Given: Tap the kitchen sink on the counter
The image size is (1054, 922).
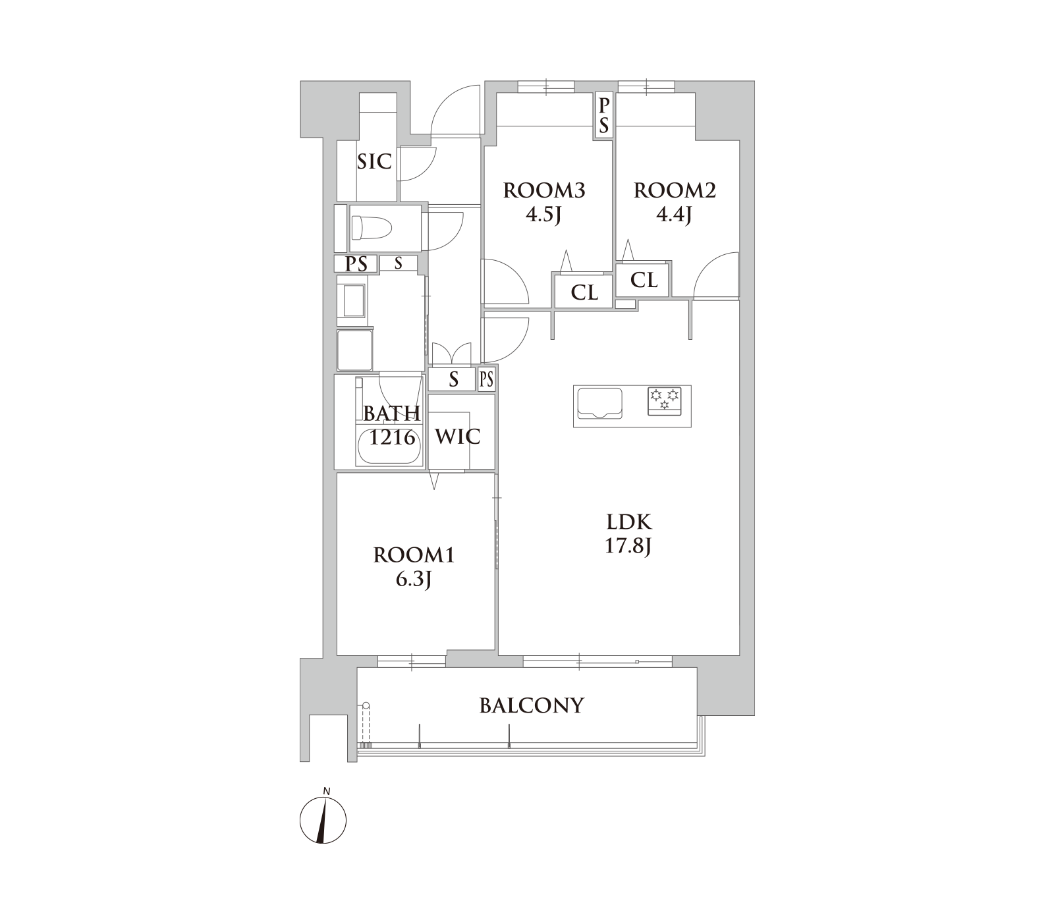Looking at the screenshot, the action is (x=599, y=403).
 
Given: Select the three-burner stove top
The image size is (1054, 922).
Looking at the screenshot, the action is (x=664, y=400).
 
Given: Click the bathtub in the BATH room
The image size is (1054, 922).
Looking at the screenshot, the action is (x=389, y=446).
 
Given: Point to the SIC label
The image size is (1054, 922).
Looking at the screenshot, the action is (x=374, y=161).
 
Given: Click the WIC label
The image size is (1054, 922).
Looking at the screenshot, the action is (x=458, y=436).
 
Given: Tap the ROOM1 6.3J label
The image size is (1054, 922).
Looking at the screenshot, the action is (x=414, y=567).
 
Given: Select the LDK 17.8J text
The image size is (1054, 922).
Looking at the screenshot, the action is (x=629, y=534).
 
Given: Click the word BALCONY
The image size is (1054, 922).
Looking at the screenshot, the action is (x=532, y=706).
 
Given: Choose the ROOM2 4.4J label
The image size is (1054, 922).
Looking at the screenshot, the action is (x=675, y=202).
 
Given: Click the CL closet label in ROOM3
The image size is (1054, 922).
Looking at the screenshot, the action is (x=584, y=292).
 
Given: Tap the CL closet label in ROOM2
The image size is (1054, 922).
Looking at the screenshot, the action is (x=644, y=280).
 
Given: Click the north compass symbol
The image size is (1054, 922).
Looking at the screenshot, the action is (x=323, y=819).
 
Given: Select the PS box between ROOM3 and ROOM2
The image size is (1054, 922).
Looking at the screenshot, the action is (x=603, y=115).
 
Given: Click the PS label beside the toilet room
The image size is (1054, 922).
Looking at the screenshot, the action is (x=356, y=264).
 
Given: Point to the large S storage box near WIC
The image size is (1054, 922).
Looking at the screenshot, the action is (x=453, y=379).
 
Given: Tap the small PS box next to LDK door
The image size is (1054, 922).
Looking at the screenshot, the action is (x=487, y=379).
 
